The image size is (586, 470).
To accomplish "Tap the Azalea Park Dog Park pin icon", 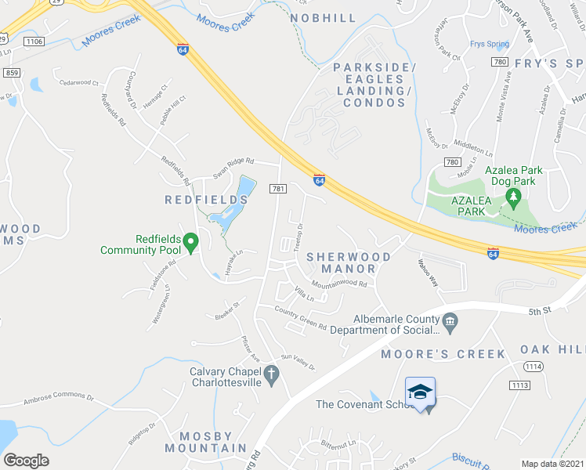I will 513,196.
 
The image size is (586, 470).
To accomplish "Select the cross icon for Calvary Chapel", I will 272,374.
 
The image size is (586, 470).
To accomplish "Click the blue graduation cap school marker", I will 420,391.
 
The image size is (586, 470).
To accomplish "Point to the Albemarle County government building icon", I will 450,320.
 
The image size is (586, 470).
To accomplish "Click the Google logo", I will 26,460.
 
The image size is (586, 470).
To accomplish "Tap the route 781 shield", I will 278,189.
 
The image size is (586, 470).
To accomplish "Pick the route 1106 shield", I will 34,41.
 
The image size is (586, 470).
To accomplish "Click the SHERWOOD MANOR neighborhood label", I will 349,262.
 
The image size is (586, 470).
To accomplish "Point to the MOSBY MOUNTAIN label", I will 205,442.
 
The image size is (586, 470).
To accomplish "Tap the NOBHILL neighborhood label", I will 323,17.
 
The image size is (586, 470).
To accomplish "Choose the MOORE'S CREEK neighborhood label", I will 443,354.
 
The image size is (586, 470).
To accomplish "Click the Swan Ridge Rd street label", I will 234,161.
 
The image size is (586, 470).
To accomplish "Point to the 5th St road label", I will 535,311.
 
